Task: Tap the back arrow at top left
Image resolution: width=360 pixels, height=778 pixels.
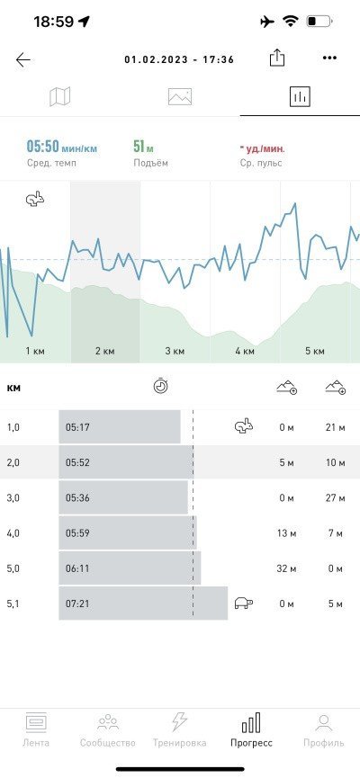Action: click(x=22, y=60)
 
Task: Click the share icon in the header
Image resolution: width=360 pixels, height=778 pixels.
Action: click(x=277, y=58)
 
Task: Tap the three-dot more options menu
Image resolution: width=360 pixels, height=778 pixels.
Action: click(x=329, y=58)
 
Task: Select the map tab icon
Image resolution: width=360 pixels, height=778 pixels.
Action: click(x=60, y=96)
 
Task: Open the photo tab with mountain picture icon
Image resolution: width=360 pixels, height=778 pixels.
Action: click(x=180, y=97)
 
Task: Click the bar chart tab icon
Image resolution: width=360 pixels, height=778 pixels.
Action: click(x=300, y=96)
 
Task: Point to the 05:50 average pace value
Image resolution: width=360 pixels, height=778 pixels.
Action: click(x=42, y=148)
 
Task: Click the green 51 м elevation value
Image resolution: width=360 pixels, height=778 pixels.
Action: click(x=143, y=147)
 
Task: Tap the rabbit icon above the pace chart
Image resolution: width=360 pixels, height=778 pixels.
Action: click(x=35, y=199)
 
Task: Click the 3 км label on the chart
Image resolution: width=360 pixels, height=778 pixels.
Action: click(x=175, y=352)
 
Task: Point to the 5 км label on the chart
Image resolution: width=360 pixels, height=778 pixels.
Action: click(x=315, y=352)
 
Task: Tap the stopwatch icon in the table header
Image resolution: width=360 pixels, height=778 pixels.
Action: click(x=160, y=386)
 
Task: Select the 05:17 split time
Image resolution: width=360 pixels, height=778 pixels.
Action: click(x=77, y=427)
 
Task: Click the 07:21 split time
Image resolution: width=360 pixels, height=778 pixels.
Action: click(x=77, y=604)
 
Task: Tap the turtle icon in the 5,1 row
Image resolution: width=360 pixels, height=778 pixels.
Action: click(x=243, y=603)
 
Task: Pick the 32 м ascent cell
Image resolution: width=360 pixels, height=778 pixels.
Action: click(x=285, y=568)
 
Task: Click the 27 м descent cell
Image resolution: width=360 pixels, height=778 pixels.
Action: click(x=335, y=498)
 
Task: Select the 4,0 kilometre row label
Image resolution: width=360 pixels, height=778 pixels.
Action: click(x=13, y=534)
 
